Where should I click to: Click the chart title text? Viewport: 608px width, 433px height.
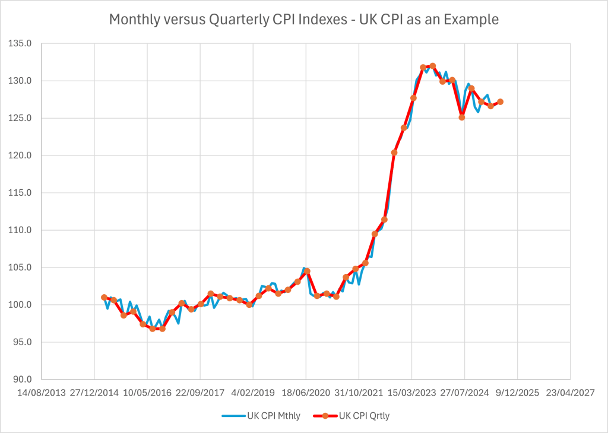pos(303,19)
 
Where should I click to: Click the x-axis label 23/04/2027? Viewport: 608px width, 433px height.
pos(570,393)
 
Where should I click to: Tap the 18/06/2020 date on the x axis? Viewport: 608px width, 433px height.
pos(306,393)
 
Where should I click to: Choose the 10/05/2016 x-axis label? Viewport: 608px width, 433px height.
pos(147,393)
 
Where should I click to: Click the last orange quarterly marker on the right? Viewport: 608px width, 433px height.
pos(500,101)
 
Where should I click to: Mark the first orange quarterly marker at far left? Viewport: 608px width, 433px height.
pos(104,297)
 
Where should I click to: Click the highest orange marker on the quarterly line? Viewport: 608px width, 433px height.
pos(432,66)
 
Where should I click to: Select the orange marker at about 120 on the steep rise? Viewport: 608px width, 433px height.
pos(394,152)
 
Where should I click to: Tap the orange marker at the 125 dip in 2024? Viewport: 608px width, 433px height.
pos(461,117)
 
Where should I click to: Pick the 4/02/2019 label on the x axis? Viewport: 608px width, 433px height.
pos(253,393)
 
